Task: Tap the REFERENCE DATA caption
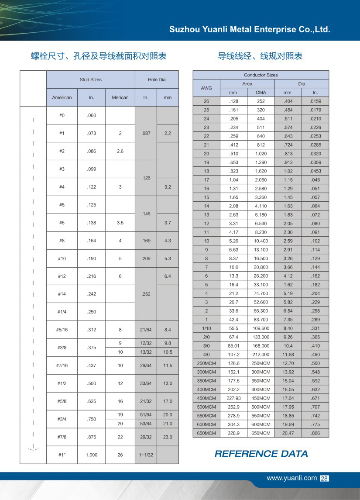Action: pyautogui.click(x=261, y=454)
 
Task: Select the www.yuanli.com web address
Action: pyautogui.click(x=291, y=478)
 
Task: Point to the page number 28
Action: pyautogui.click(x=324, y=479)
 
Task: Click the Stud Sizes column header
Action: pyautogui.click(x=90, y=79)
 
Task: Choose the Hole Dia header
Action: pyautogui.click(x=157, y=79)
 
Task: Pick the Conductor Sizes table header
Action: pyautogui.click(x=261, y=75)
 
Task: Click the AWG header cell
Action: pyautogui.click(x=206, y=88)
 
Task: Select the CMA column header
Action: pyautogui.click(x=261, y=93)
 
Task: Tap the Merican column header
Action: pyautogui.click(x=120, y=97)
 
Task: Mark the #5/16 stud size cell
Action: pyautogui.click(x=62, y=330)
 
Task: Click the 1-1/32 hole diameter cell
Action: pyautogui.click(x=146, y=455)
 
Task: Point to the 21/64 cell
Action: pyautogui.click(x=146, y=330)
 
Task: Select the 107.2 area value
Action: pyautogui.click(x=234, y=355)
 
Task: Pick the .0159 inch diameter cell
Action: pyautogui.click(x=315, y=101)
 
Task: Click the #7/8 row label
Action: pyautogui.click(x=62, y=437)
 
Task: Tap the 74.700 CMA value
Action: pyautogui.click(x=261, y=293)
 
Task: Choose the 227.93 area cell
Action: pyautogui.click(x=234, y=398)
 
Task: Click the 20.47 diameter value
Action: pyautogui.click(x=288, y=433)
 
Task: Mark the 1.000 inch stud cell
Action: pyautogui.click(x=91, y=455)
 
